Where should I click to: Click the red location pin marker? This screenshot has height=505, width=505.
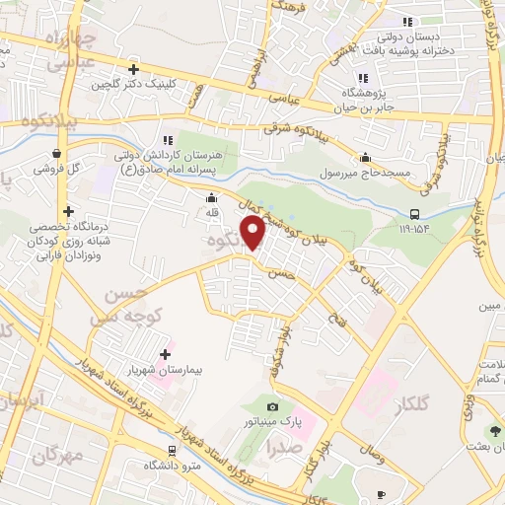click(253, 231)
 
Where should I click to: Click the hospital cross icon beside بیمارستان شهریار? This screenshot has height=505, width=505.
click(165, 354)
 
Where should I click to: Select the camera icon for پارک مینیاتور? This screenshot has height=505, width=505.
click(272, 406)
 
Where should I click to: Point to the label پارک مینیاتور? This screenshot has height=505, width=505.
click(272, 422)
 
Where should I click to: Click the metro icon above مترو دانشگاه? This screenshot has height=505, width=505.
click(173, 450)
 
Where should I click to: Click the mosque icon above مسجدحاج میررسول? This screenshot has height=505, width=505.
click(366, 156)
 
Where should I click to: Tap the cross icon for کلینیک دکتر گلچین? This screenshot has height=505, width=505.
click(133, 69)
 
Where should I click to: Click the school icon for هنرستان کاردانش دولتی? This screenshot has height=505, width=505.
click(167, 140)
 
